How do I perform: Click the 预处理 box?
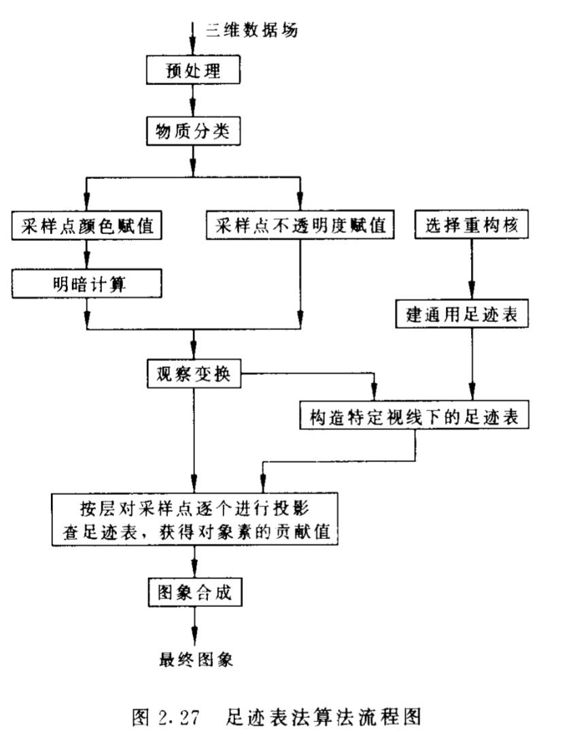click(194, 70)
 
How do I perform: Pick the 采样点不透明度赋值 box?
click(300, 227)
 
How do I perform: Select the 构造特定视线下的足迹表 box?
click(415, 416)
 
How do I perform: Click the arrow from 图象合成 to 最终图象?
click(194, 625)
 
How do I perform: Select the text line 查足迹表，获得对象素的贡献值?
click(194, 533)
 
